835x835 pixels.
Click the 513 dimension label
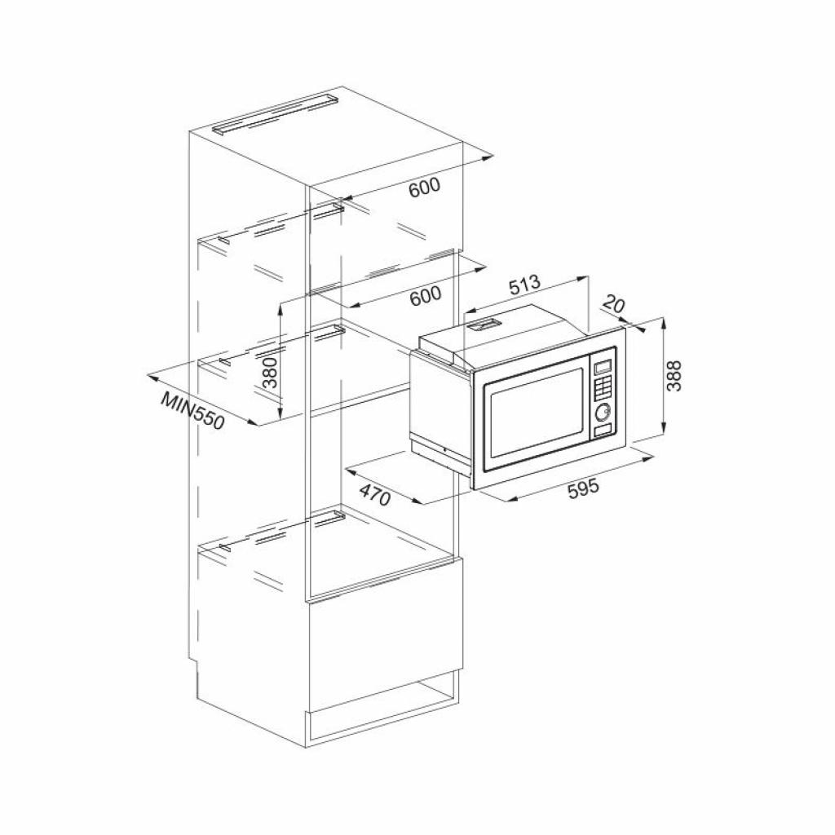[524, 285]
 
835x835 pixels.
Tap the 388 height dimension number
[674, 376]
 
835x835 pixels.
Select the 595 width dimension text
[583, 488]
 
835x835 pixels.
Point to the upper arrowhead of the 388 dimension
[666, 321]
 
